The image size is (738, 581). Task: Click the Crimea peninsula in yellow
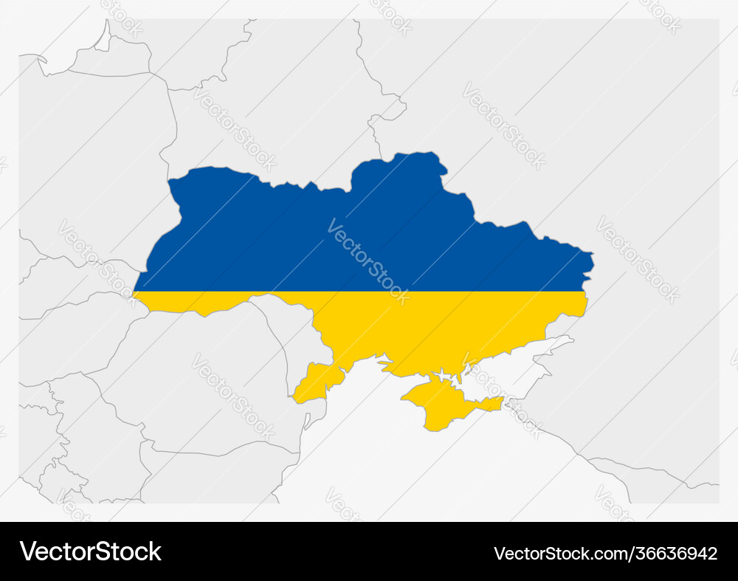coord(443,402)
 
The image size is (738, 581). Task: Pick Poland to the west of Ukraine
coord(96,162)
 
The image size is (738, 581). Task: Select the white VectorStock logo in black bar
coord(91,551)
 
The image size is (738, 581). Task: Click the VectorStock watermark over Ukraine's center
coord(368,261)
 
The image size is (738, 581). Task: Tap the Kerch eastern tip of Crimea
coord(499,403)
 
